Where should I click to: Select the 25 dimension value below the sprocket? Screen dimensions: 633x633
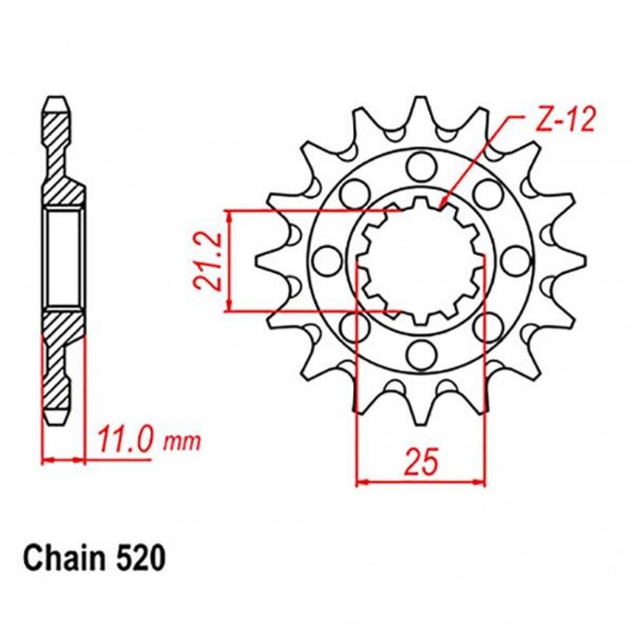coord(421,464)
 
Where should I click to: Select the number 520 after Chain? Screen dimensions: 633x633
coord(142,559)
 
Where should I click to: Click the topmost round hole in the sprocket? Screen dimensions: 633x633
coord(419,166)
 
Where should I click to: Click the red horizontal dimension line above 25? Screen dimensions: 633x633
coord(421,480)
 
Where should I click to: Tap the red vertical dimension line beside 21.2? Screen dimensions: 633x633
coord(229,261)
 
